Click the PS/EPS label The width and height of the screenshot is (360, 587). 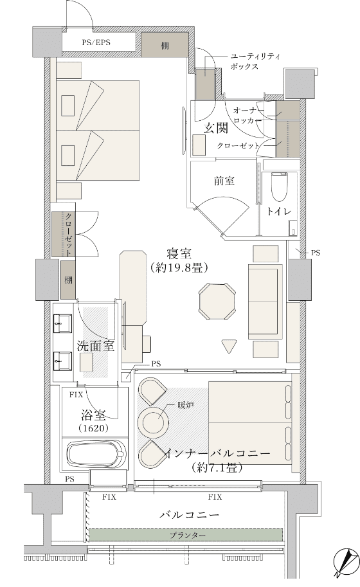(96, 42)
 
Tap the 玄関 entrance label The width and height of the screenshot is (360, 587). (216, 129)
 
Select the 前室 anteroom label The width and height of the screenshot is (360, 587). (224, 181)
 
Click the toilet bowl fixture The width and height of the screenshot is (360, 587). (279, 187)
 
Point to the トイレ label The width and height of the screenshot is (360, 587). (279, 212)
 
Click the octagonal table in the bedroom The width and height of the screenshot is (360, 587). (217, 302)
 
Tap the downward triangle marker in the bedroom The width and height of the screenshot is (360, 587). (229, 346)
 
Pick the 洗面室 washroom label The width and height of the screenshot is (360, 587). (95, 346)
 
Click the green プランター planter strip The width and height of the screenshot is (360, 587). (186, 535)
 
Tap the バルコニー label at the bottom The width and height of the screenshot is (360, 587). (190, 515)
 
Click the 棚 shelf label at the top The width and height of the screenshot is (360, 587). (165, 46)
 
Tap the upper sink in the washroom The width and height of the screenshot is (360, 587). (62, 323)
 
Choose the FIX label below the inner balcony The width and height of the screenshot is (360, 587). (215, 497)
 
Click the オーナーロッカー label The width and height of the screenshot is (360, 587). (248, 115)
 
